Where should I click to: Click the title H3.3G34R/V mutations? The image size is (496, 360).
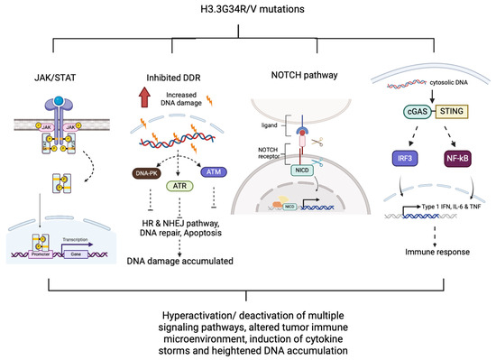247,10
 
